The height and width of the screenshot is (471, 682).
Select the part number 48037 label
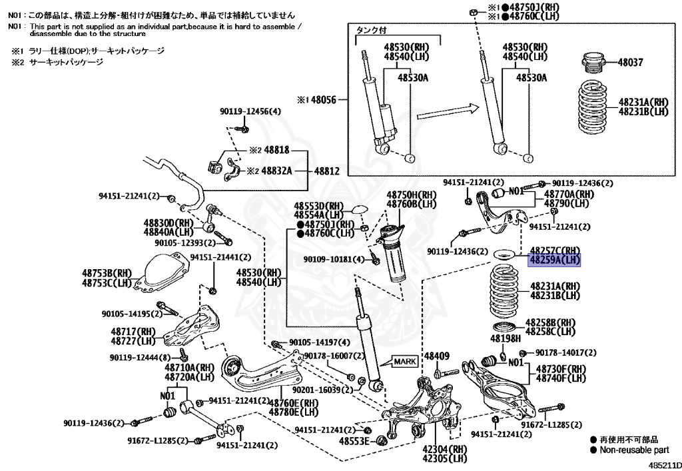[630, 62]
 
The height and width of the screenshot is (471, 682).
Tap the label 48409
[437, 356]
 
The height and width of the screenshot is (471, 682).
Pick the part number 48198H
[506, 338]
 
